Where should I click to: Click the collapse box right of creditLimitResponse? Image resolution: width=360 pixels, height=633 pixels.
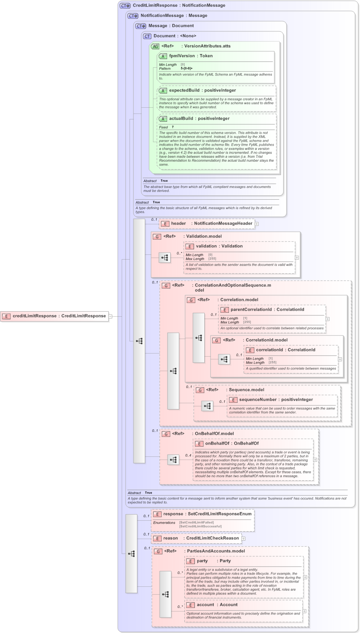[x=110, y=316]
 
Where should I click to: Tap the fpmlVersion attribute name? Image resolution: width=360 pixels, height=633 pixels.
[x=182, y=56]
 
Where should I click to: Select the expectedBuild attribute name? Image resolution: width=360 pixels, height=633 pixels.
[x=184, y=90]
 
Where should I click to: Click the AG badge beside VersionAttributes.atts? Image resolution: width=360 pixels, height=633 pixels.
[x=155, y=46]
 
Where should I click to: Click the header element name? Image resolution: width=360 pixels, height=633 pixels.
[x=178, y=224]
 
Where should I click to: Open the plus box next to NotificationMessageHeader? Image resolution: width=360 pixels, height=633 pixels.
[x=257, y=224]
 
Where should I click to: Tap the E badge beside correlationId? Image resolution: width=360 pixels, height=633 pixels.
[x=250, y=350]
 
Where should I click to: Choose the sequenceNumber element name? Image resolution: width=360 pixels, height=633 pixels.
[x=259, y=400]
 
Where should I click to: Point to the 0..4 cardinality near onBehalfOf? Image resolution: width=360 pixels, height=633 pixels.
[x=188, y=455]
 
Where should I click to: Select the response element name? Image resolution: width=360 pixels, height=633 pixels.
[x=173, y=514]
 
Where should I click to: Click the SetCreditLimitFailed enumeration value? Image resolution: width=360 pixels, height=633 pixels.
[x=196, y=522]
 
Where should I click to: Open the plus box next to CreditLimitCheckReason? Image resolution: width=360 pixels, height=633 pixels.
[x=243, y=539]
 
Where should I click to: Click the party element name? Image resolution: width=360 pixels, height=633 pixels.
[x=202, y=561]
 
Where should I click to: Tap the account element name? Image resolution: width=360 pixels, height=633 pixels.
[x=205, y=605]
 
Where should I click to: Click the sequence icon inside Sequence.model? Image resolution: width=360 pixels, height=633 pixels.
[x=207, y=406]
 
